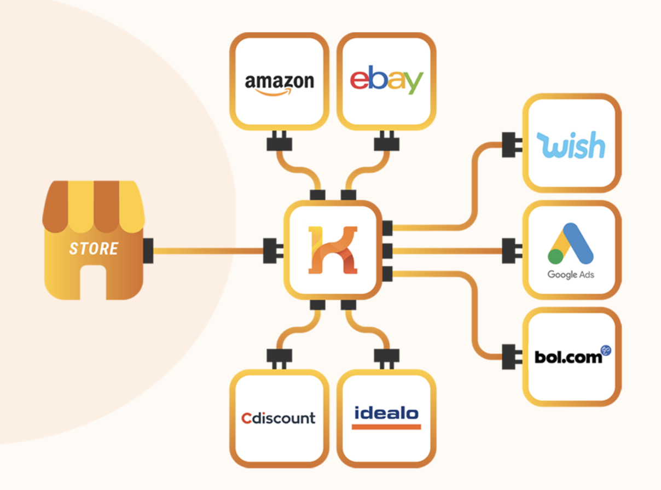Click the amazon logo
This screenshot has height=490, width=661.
pos(279,84)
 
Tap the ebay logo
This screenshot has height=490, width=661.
pos(386,80)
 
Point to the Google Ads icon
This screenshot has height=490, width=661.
pos(571,244)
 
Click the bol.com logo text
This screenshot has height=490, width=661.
pos(569,357)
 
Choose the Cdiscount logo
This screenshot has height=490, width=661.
pos(279,418)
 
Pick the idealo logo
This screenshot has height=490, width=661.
pos(386,413)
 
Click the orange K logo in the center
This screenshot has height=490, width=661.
pos(333,249)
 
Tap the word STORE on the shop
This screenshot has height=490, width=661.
pos(94,249)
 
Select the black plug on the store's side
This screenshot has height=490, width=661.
pos(148,250)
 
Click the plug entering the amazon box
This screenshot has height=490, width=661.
pos(279,142)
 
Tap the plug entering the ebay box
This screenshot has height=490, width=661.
pos(386,142)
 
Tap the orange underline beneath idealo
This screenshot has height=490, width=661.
pos(386,426)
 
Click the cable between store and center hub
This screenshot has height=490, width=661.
pos(208,251)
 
